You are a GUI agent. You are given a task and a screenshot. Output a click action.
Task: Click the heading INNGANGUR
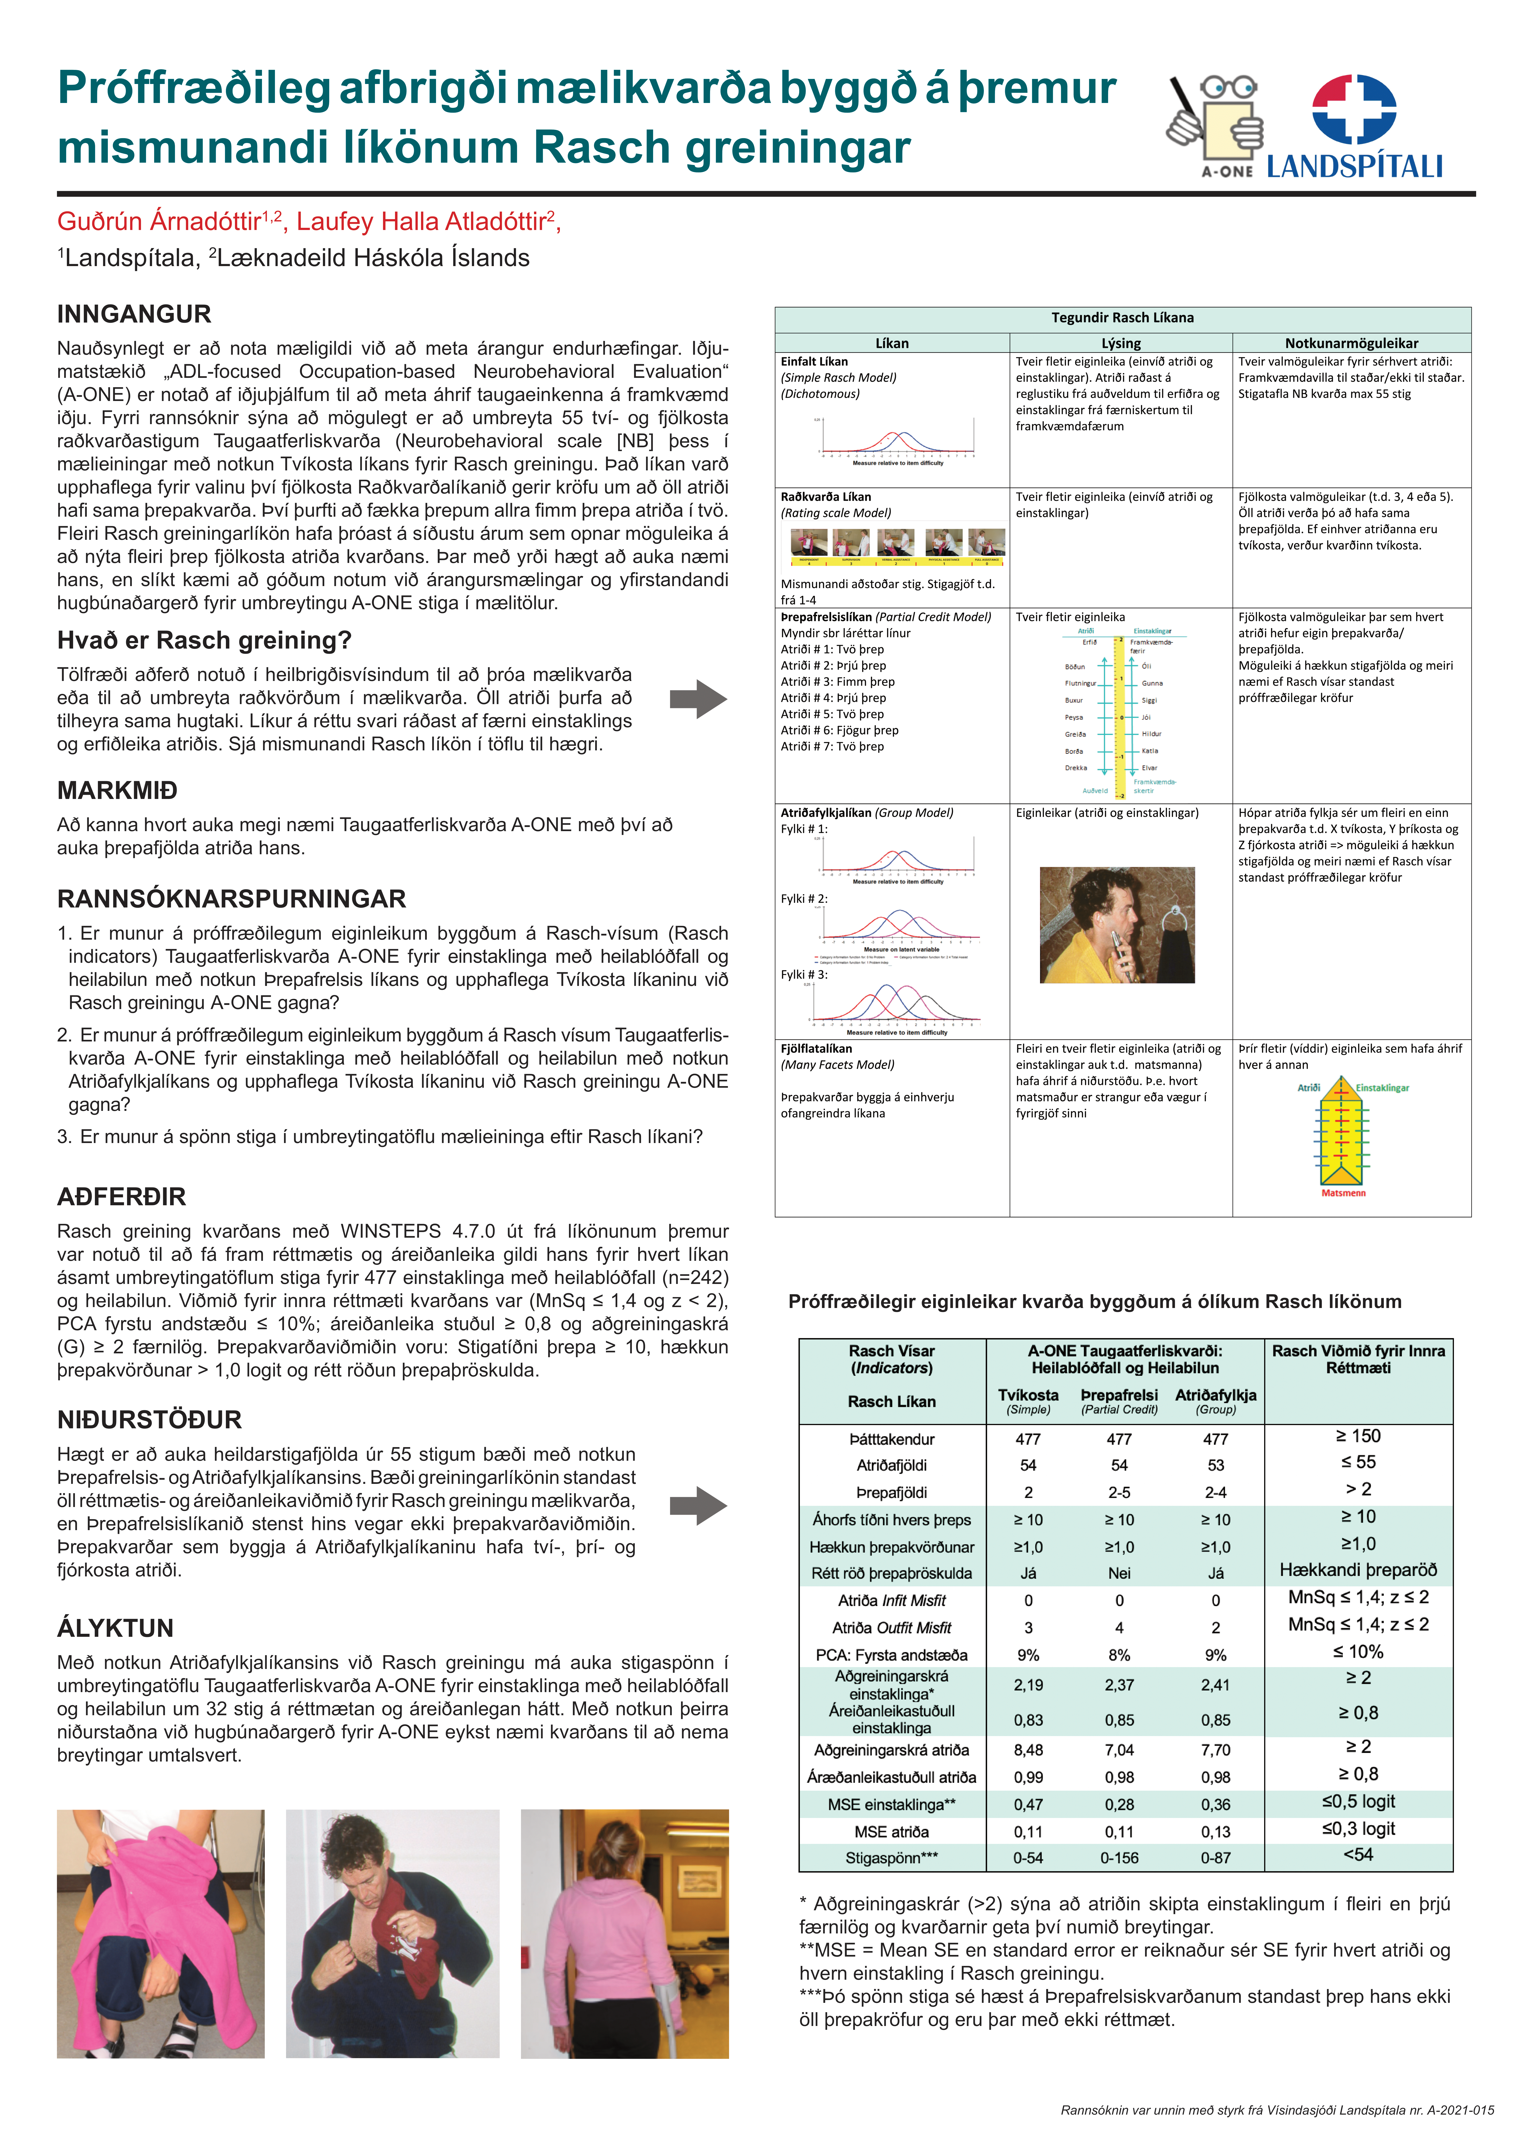134,314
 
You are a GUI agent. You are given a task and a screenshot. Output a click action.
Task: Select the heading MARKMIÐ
117,790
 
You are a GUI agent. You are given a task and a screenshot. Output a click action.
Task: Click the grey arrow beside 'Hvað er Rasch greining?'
698,699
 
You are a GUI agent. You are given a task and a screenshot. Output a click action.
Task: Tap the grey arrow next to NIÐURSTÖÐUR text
698,1505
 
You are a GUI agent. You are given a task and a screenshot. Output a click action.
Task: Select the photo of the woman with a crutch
624,1933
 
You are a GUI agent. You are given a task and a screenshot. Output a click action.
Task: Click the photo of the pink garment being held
160,1933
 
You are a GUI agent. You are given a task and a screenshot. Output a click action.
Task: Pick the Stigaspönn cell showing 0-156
1119,1858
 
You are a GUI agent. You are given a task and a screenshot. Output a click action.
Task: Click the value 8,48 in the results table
1028,1749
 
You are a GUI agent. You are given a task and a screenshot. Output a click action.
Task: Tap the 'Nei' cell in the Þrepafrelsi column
1119,1573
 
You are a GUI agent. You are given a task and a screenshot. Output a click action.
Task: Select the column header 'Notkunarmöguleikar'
1351,343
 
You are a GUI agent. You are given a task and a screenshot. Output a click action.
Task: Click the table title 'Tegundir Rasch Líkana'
1122,318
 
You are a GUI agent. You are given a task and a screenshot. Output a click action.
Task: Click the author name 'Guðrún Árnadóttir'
158,221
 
